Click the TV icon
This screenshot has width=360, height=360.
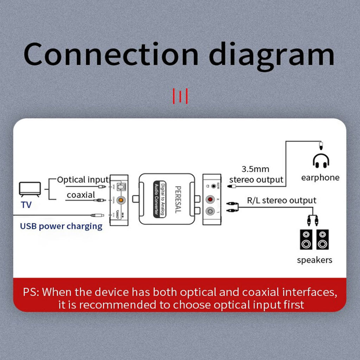tap(30, 189)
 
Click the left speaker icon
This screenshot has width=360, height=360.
tap(306, 239)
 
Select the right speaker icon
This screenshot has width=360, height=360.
tap(322, 239)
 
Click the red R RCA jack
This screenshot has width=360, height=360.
tap(211, 200)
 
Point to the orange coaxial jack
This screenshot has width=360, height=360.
tap(121, 200)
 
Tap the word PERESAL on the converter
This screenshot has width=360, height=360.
tap(178, 199)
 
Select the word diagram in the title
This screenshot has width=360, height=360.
tap(272, 55)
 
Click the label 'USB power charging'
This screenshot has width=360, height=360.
tap(61, 226)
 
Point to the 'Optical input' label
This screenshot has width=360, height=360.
tap(83, 180)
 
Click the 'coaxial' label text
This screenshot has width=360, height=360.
tap(81, 195)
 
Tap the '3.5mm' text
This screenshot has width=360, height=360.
tap(255, 169)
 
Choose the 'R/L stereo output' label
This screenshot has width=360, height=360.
tap(282, 200)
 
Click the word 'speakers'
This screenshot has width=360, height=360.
tap(314, 260)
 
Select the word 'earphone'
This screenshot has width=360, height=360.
tap(320, 178)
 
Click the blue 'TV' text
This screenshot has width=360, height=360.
tap(26, 205)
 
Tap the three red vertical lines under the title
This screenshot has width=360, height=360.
tap(180, 96)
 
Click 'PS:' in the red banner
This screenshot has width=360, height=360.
tap(31, 292)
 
